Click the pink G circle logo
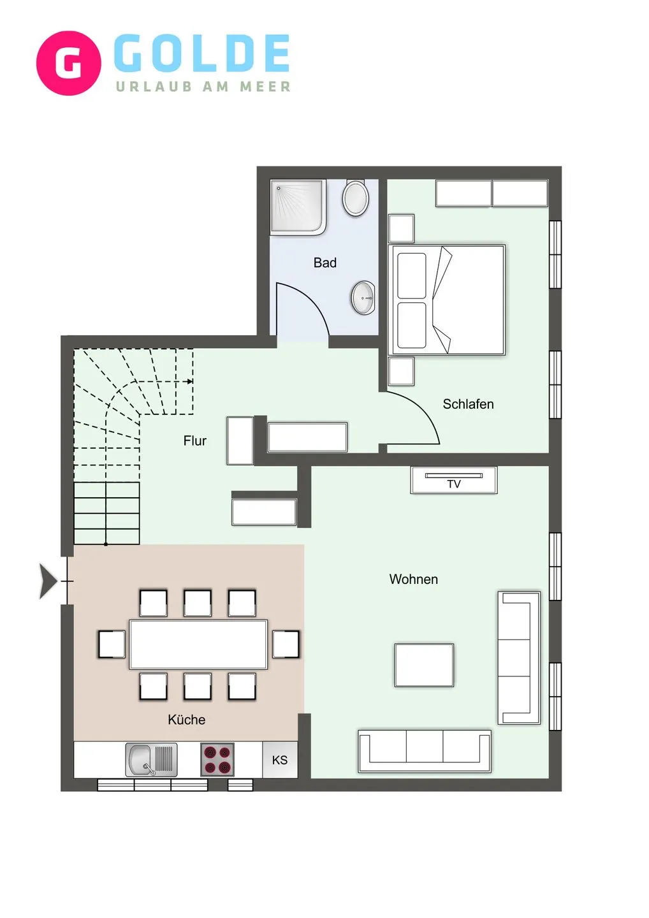pos(68,63)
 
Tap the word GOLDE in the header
pos(201,54)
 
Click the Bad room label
pos(324,263)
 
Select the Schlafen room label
pos(468,404)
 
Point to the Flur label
pos(194,441)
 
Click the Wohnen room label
pos(413,579)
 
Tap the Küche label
pos(186,720)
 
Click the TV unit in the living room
pos(453,480)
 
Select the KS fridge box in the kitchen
pos(279,760)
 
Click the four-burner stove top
pos(217,759)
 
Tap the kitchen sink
pos(151,759)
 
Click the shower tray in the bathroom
pos(298,207)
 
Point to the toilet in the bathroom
pos(356,198)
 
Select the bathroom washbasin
pos(363,298)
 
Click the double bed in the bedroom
pos(448,300)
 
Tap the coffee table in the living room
pos(424,665)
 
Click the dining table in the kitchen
pos(198,644)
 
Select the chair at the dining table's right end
pos(286,644)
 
